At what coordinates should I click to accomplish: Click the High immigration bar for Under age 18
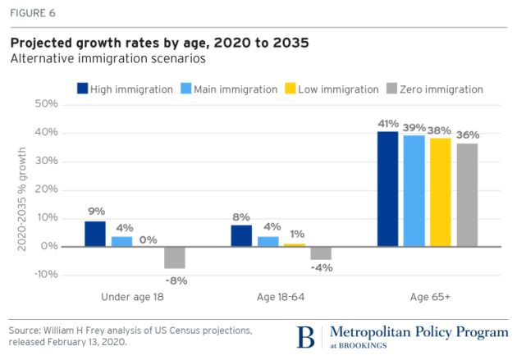coord(95,234)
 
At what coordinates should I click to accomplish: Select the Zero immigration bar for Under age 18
coord(174,257)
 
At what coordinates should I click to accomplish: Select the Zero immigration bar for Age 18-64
coord(320,253)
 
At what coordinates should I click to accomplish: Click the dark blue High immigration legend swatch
coord(83,89)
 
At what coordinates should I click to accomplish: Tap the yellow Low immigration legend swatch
coord(291,89)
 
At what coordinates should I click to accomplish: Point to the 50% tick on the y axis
coord(46,104)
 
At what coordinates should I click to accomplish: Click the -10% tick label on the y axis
coord(44,275)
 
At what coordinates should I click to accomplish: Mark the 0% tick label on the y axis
coord(49,246)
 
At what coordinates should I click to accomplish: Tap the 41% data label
coord(388,123)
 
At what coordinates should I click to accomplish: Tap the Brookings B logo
coord(306,337)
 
